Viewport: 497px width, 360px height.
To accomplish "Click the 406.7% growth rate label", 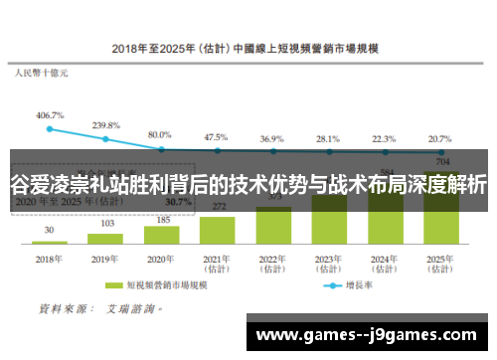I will [50, 115].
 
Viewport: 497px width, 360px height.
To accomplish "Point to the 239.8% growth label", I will [106, 126].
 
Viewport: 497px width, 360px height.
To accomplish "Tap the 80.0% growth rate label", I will [160, 134].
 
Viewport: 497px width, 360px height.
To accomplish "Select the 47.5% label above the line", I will [216, 137].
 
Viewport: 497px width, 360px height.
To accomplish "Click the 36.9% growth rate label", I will [272, 139].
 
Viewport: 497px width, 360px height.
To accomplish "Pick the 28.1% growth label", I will [328, 139].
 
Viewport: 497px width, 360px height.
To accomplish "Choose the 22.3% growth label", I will [384, 139].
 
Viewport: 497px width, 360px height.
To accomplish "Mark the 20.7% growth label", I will [439, 139].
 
